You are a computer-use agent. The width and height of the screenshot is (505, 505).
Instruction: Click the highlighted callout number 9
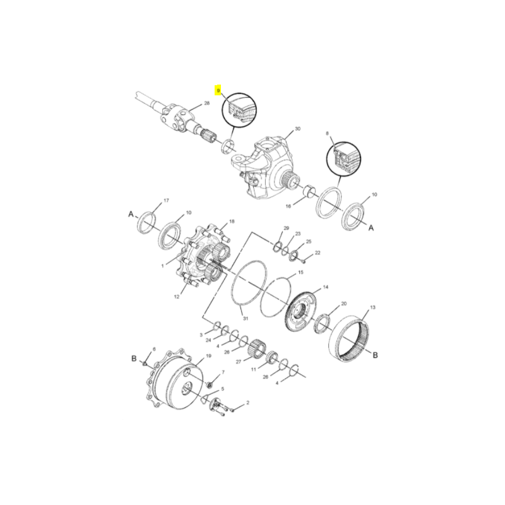[218, 90]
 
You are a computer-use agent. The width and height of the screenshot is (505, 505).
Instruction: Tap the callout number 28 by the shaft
[207, 103]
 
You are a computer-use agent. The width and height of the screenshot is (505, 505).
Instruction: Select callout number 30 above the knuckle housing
[297, 129]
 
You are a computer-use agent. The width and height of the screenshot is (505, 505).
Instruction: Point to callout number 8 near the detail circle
[328, 133]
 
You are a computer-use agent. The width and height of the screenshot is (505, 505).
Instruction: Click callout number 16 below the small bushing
[288, 206]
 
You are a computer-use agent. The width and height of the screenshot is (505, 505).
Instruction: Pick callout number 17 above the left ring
[166, 200]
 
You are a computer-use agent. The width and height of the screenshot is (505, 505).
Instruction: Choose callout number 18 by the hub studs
[232, 222]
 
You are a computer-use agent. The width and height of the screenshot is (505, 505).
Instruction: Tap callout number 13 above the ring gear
[372, 307]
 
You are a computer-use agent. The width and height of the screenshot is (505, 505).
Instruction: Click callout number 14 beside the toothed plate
[326, 287]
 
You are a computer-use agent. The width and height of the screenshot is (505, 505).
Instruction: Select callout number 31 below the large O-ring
[246, 319]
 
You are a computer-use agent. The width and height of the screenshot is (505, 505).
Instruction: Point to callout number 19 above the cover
[208, 356]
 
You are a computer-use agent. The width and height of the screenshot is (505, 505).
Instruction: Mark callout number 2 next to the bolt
[247, 403]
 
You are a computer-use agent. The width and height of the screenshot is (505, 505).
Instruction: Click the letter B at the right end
[375, 355]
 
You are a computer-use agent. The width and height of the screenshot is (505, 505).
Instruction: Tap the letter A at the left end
[131, 214]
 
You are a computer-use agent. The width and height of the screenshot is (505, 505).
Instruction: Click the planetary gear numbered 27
[258, 348]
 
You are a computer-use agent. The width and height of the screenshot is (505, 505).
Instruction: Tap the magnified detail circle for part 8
[343, 158]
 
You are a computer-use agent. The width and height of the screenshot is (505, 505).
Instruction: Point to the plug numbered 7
[210, 384]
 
